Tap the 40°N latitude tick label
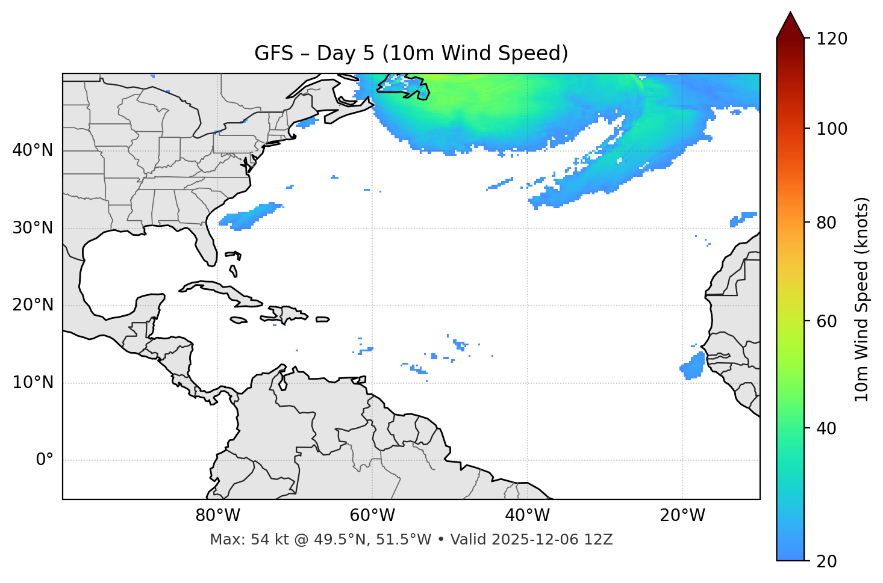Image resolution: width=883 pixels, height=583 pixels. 33,150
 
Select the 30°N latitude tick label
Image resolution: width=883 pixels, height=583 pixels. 33,228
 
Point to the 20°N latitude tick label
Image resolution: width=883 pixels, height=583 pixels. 33,306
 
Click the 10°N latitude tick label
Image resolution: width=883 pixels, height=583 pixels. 33,383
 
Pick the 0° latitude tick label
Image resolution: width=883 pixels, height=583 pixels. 45,460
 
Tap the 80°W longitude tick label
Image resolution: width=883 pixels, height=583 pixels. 217,516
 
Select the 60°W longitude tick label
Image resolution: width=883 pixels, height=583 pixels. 372,516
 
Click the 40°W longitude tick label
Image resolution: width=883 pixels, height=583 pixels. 527,516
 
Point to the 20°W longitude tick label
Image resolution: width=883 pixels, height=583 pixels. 682,516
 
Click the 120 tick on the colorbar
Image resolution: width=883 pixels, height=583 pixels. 832,39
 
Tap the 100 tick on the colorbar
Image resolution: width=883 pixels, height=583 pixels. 832,129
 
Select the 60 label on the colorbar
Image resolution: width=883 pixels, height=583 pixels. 828,321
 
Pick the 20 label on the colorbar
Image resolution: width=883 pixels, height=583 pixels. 828,561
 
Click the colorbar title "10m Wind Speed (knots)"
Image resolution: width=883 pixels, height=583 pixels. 862,299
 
